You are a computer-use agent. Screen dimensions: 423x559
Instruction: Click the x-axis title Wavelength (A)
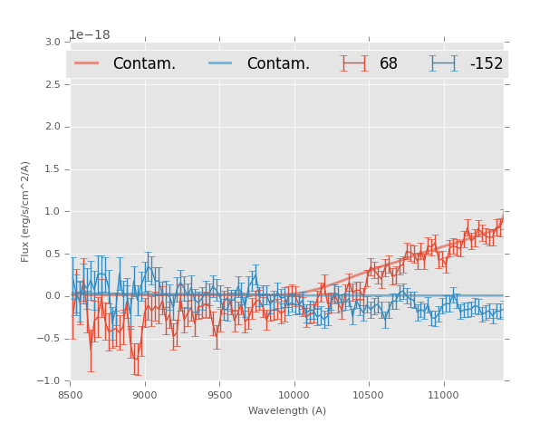click(287, 410)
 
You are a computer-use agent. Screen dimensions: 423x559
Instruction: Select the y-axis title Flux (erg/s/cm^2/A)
click(26, 211)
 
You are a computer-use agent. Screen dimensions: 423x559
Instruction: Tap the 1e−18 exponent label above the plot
click(90, 35)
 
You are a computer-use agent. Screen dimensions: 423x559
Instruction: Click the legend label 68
click(389, 64)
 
